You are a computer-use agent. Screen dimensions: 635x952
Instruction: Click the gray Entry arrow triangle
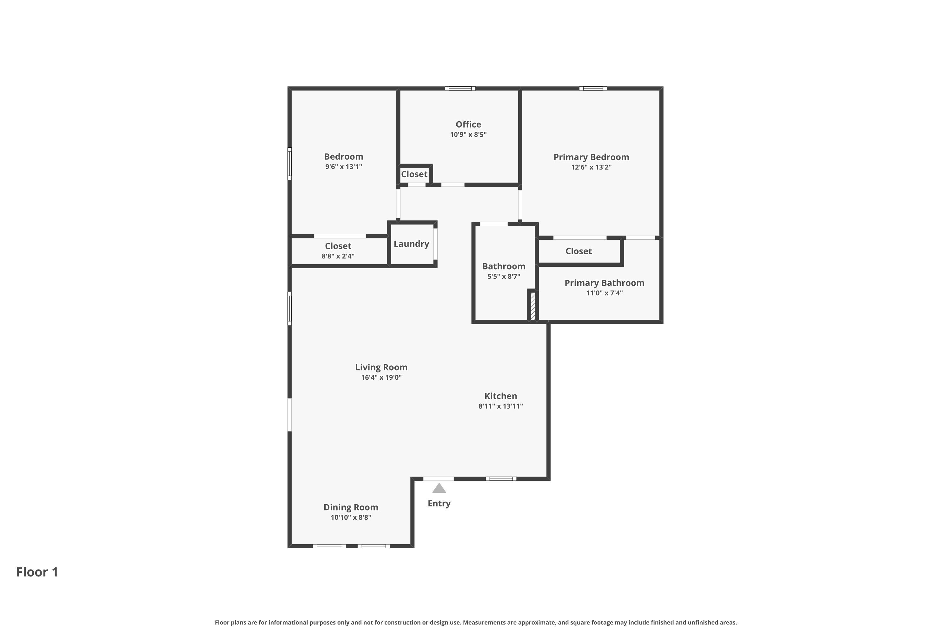coord(439,489)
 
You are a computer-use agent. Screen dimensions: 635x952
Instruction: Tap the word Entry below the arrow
coord(439,503)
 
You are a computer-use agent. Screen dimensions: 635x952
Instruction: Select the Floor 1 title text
coord(37,572)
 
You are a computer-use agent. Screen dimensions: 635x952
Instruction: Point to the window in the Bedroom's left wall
coord(289,164)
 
